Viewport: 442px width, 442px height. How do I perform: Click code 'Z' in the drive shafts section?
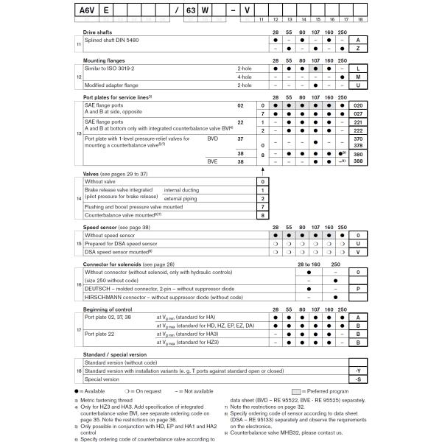pos(357,49)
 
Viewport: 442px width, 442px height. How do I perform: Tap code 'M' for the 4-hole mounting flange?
pos(357,77)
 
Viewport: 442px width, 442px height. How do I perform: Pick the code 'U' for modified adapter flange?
pos(357,85)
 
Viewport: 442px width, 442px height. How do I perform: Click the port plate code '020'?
pos(358,106)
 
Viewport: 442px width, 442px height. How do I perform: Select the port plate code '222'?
pos(358,130)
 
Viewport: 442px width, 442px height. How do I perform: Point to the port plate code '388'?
pos(358,161)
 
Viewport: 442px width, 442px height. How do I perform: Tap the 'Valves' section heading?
pos(93,173)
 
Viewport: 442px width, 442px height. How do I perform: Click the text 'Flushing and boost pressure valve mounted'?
pos(133,207)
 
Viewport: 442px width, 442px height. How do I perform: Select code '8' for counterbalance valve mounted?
pos(262,216)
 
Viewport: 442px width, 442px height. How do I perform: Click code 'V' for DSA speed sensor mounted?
pos(357,252)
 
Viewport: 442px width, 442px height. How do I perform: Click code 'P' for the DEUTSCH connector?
pos(357,290)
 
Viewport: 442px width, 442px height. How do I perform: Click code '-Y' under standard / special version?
pos(357,371)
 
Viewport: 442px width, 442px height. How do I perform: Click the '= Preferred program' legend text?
pos(329,390)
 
